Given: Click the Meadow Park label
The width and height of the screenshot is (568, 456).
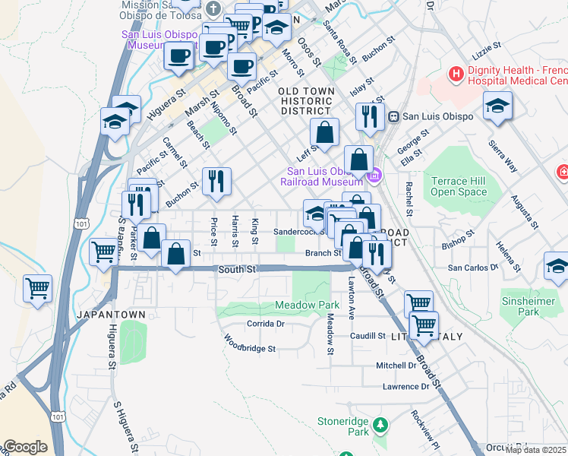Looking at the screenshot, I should [307, 306].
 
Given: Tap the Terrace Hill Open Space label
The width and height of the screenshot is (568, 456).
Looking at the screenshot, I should [469, 186].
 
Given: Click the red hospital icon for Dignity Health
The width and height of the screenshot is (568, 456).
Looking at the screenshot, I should [456, 74].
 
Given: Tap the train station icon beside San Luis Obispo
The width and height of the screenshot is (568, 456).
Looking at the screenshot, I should [394, 116].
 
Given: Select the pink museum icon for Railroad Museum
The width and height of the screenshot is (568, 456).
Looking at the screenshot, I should [374, 177].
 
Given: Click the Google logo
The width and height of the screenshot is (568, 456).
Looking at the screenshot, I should [25, 447].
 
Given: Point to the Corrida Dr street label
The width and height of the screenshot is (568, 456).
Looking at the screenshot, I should [266, 324].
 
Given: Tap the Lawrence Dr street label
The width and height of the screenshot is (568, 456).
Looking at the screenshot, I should [406, 387].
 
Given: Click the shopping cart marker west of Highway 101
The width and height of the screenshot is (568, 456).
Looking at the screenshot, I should [37, 289].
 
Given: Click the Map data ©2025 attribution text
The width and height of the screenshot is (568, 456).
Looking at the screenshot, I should [535, 450].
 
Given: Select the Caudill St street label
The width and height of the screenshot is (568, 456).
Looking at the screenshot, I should [368, 335].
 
